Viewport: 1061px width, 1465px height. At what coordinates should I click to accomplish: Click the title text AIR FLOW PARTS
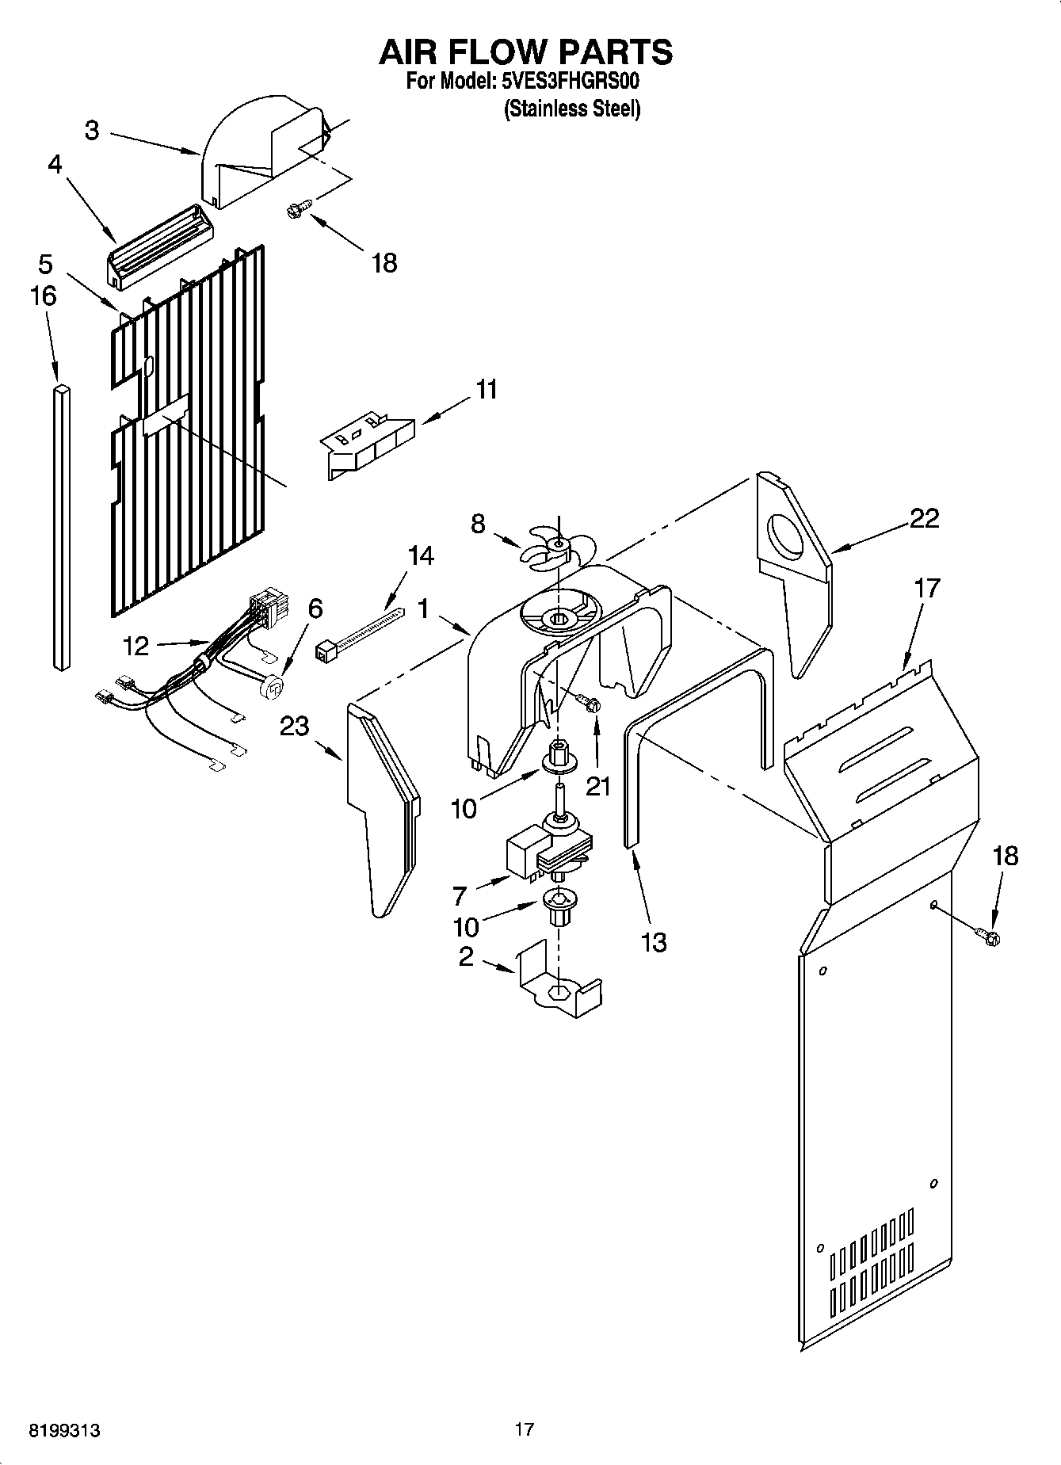(525, 52)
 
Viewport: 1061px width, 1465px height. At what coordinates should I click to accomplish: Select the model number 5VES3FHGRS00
(570, 81)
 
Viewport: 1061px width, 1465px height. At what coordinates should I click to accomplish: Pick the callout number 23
(294, 726)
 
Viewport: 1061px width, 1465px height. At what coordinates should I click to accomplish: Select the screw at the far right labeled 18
(989, 938)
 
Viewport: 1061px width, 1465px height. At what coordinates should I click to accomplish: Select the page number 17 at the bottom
(524, 1429)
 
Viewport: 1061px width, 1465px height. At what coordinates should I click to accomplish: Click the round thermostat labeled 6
(273, 687)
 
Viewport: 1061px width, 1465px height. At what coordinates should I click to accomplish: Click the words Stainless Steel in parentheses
(572, 109)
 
